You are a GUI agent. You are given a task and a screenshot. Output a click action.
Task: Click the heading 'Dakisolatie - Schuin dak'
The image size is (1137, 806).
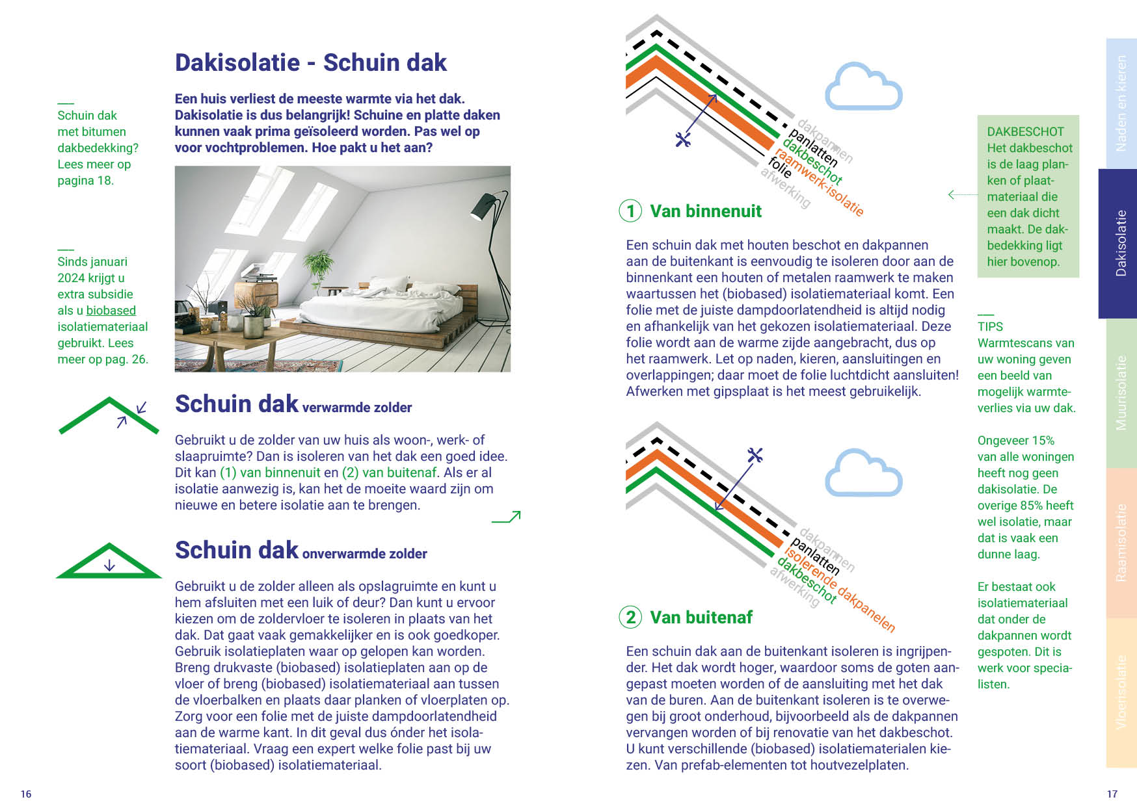[x=310, y=62]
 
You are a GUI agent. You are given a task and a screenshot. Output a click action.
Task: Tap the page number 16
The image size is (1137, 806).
[x=26, y=794]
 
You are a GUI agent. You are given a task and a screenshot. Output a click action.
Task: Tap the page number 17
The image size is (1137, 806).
[x=1112, y=794]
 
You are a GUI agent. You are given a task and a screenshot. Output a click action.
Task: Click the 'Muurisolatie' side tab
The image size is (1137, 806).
[x=1121, y=393]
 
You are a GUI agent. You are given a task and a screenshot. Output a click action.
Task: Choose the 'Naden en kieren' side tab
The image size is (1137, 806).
[x=1121, y=103]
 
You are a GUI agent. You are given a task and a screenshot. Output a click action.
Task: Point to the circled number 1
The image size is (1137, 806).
[x=630, y=211]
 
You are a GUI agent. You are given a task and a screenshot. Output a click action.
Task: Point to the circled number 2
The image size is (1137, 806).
[x=630, y=617]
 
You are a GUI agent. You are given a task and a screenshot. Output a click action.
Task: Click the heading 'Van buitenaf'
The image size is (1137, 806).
[x=701, y=617]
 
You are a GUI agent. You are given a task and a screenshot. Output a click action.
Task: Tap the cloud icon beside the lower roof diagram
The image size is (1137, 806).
[x=863, y=473]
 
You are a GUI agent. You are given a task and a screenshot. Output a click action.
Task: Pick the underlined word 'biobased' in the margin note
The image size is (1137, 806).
[x=111, y=311]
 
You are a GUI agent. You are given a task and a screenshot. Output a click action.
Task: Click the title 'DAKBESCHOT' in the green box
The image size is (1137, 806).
[x=1025, y=132]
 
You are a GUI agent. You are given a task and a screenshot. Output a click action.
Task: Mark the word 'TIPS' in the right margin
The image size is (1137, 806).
[x=990, y=327]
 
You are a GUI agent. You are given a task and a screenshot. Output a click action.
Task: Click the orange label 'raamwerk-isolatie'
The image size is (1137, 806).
[x=820, y=183]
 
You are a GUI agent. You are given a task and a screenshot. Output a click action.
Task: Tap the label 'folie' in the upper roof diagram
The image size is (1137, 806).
[x=780, y=167]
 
